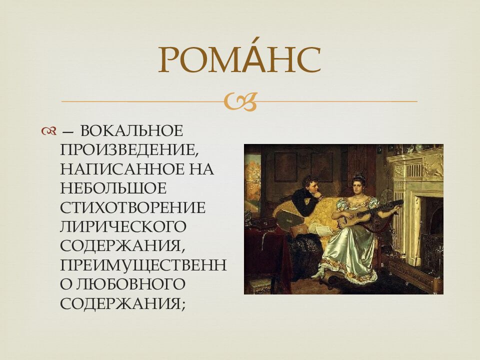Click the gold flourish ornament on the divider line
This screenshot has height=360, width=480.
pyautogui.click(x=240, y=101)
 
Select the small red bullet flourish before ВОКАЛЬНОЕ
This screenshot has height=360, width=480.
pyautogui.click(x=48, y=131)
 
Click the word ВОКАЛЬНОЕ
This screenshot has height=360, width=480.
pyautogui.click(x=131, y=131)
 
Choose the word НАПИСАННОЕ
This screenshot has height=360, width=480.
pyautogui.click(x=122, y=169)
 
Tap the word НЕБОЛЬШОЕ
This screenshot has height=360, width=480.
pyautogui.click(x=113, y=188)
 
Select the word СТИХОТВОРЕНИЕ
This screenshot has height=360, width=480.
pyautogui.click(x=132, y=207)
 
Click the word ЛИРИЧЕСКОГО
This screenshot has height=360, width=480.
pyautogui.click(x=123, y=226)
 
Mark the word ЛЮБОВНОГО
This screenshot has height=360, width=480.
pyautogui.click(x=130, y=284)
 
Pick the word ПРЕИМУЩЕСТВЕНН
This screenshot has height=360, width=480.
pyautogui.click(x=143, y=265)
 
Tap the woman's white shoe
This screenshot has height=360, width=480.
pyautogui.click(x=317, y=273)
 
